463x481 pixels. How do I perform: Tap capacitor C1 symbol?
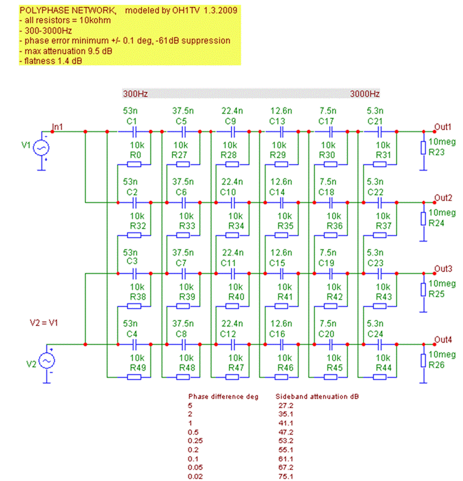[132, 131]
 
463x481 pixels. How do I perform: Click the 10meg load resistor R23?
[423, 155]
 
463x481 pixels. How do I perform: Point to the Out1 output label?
[443, 126]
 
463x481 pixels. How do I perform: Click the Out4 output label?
[443, 340]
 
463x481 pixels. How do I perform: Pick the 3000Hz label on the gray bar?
[365, 94]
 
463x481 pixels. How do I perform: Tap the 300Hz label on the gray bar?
[135, 94]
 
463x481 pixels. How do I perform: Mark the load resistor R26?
[423, 369]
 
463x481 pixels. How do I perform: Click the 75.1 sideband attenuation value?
[287, 477]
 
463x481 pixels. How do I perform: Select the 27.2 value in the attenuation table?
[287, 406]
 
